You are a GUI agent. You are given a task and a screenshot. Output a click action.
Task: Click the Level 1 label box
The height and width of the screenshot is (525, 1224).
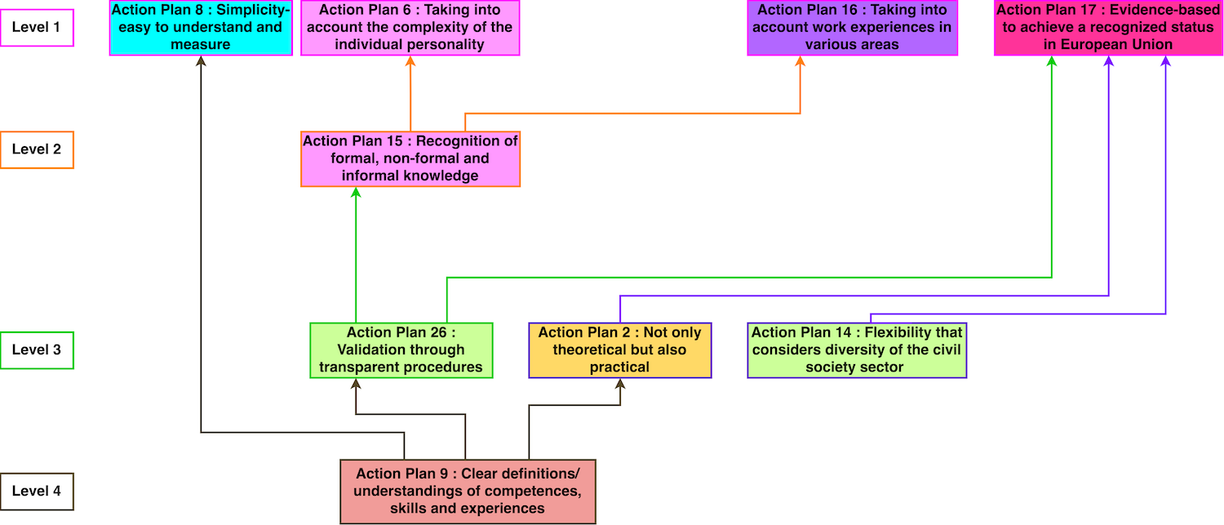point(38,28)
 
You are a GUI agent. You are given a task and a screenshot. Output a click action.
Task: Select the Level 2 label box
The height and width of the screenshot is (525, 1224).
point(38,150)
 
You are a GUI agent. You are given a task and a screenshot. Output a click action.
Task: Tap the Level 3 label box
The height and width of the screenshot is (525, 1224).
point(38,350)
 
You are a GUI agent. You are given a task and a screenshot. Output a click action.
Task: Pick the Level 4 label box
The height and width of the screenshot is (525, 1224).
point(38,492)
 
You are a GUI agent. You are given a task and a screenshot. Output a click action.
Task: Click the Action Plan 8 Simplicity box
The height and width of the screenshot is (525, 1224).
point(201,28)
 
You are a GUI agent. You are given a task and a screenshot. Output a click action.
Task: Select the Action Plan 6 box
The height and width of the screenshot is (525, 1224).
point(410,28)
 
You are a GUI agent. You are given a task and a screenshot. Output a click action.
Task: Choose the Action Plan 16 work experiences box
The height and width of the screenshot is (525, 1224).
point(852,28)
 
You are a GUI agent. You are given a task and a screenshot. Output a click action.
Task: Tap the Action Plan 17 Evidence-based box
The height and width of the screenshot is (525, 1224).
point(1107,28)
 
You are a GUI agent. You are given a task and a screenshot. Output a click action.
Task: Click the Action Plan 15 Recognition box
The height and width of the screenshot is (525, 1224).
point(410,158)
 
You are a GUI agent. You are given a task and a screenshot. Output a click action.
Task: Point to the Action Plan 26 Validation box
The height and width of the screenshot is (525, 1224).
point(401,349)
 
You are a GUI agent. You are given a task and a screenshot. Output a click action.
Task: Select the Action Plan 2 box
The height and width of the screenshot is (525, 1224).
point(619,349)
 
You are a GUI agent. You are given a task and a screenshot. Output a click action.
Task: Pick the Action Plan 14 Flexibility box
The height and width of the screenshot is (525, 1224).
point(857,349)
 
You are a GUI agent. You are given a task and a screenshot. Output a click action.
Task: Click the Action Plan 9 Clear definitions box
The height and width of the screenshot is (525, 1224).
point(468,491)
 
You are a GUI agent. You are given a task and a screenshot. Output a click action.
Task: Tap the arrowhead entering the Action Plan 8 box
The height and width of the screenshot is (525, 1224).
point(201,61)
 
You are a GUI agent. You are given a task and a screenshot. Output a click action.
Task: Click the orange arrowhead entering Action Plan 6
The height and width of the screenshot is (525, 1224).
point(410,61)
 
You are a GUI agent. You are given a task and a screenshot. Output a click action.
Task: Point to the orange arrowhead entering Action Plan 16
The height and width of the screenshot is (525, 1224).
point(800,61)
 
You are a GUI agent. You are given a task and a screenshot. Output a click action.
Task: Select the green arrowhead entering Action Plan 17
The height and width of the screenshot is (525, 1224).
point(1051,61)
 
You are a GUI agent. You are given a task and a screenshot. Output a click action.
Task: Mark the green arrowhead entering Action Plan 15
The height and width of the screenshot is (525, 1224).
point(356,193)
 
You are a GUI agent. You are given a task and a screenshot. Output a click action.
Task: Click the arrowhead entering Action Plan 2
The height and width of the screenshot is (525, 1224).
point(620,384)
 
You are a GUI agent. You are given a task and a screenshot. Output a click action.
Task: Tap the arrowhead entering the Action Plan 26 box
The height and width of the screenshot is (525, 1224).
point(356,384)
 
